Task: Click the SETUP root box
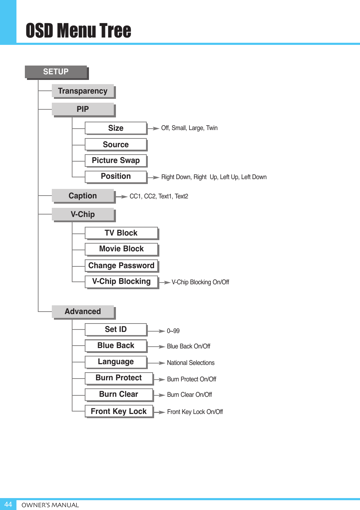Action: coord(56,72)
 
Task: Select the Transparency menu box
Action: coord(83,91)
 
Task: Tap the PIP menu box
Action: coord(83,109)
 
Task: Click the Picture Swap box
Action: coord(116,161)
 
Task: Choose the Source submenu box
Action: coord(116,145)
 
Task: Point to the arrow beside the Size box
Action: coord(154,128)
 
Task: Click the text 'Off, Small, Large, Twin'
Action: coord(189,128)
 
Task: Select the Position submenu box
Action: coord(116,176)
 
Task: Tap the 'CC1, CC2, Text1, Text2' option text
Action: coord(159,196)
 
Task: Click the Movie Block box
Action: coord(121,249)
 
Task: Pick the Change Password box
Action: coord(121,266)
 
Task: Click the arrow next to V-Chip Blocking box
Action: coord(165,282)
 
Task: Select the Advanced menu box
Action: coord(83,312)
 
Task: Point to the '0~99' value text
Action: coord(173,331)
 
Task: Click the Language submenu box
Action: coord(116,362)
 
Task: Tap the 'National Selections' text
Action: coord(191,363)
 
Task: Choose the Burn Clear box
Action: coord(119,394)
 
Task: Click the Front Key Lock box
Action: coord(119,412)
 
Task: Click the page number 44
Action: coord(8,504)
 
